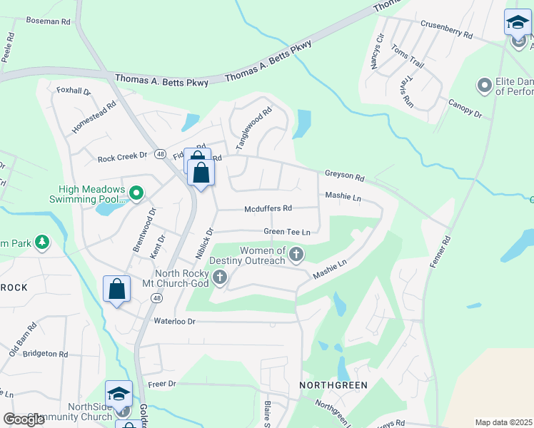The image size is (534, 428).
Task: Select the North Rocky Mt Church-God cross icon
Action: click(x=220, y=277)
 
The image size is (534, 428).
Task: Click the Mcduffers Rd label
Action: click(x=268, y=208)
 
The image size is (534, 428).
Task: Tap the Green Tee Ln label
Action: click(x=286, y=232)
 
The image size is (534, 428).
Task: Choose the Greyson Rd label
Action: click(x=345, y=174)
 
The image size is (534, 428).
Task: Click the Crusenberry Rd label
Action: click(x=447, y=29)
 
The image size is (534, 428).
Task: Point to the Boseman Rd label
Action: click(x=48, y=22)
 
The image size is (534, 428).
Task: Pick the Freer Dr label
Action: click(x=162, y=384)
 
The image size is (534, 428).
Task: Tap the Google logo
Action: click(x=24, y=419)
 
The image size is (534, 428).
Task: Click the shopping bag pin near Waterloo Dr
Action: click(x=117, y=290)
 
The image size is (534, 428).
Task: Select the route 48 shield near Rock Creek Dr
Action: click(x=160, y=154)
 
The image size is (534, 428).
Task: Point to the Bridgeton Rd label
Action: click(x=44, y=353)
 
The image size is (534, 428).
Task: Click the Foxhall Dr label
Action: click(x=74, y=91)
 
